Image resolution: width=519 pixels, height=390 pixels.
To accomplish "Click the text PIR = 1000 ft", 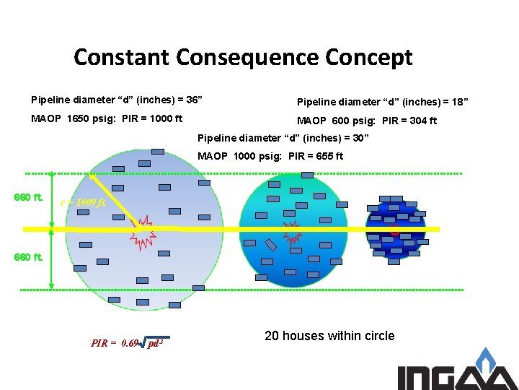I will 152,118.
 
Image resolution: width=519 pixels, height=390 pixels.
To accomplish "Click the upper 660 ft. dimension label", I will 29,197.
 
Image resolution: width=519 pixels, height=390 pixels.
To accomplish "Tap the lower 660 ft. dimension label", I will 29,257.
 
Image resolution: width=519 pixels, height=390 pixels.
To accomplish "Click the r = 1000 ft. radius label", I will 84,202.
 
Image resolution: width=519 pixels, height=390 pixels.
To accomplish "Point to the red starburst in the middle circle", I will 293,232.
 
